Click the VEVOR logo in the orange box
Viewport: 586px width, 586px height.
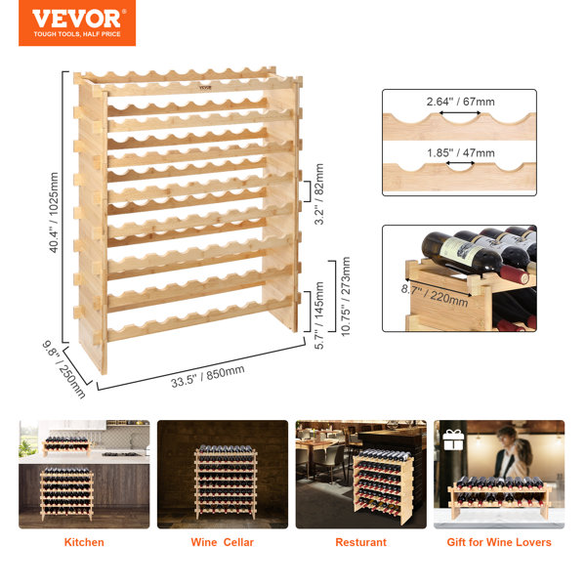77,18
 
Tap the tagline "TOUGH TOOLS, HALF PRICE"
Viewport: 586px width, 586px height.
77,34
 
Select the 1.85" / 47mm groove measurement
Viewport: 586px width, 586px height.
459,153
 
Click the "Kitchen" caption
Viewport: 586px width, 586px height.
84,542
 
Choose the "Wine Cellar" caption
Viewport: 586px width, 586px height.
222,542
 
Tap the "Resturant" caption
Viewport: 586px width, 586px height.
360,542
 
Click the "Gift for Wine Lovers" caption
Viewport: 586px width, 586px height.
499,542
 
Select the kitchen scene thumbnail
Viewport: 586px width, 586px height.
84,474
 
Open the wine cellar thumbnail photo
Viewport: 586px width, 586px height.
223,474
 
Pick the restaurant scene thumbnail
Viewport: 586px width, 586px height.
360,474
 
